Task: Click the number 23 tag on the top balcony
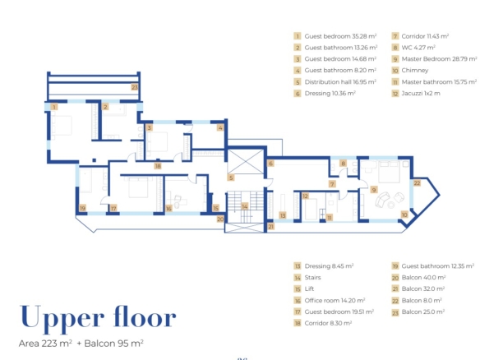coord(135,87)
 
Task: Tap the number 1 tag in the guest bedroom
coord(54,107)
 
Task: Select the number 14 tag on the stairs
coord(245,206)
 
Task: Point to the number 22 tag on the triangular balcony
coord(417,183)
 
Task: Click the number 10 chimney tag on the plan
coord(404,215)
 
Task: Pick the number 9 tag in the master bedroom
coord(373,190)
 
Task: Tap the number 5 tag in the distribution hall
coord(231,178)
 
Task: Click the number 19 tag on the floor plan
coord(82,208)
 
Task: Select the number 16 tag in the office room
coord(168,209)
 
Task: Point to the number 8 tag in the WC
coord(344,164)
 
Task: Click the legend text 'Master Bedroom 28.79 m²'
coord(439,59)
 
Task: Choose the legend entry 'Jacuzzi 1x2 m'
coord(421,94)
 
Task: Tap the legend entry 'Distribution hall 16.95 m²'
coord(340,81)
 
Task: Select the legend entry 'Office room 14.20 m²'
coord(335,300)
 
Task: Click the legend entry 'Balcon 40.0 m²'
coord(423,277)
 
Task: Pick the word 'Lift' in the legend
coord(309,288)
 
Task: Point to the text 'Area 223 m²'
coord(45,344)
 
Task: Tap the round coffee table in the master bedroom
coord(391,205)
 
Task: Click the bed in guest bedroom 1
coord(62,126)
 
